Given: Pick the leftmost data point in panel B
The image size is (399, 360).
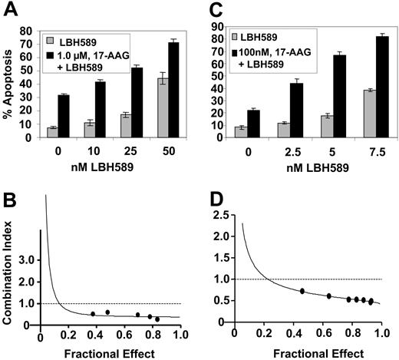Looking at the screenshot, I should (93, 314).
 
